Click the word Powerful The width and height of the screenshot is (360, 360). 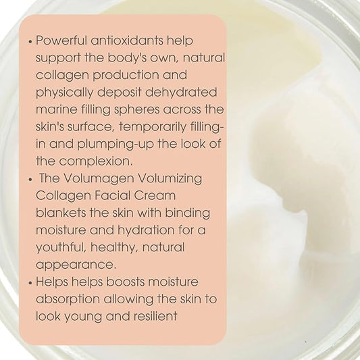(x=61, y=41)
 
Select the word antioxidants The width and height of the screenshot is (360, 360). (x=127, y=41)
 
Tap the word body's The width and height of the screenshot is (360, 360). (x=127, y=57)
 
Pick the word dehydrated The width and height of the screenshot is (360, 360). (x=181, y=92)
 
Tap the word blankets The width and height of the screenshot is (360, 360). (x=61, y=213)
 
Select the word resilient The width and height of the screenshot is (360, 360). (x=155, y=316)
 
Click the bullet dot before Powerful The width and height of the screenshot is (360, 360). (x=30, y=42)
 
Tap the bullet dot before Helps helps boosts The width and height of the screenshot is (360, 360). (x=30, y=283)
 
